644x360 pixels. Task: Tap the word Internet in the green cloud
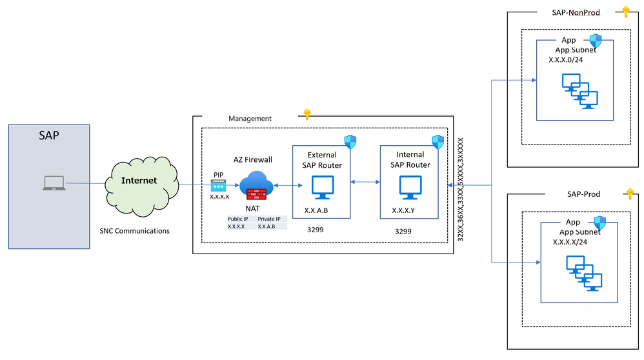(139, 181)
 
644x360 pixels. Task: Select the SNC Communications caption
(134, 230)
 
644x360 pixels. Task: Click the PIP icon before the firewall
(219, 185)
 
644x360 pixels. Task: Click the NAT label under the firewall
(252, 208)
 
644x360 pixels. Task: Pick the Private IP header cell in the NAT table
(269, 219)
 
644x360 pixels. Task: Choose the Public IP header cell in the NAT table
(238, 219)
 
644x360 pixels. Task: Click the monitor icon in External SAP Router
(321, 187)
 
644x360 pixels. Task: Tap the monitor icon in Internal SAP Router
(409, 187)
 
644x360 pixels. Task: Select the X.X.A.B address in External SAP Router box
(317, 210)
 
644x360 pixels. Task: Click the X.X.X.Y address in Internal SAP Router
(403, 210)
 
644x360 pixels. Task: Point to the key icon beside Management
(307, 115)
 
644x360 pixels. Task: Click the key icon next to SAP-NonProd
(624, 11)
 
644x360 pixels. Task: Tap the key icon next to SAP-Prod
(629, 194)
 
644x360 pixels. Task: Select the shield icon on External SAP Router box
(350, 142)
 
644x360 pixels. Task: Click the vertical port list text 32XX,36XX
(460, 190)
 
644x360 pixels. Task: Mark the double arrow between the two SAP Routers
(365, 183)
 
